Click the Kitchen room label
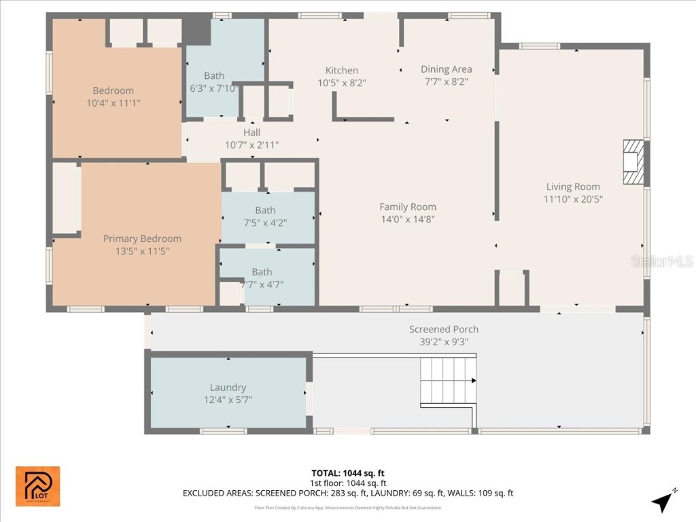point(341,71)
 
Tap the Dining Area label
point(446,69)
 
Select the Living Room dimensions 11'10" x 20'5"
point(573,199)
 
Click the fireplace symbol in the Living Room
point(633,162)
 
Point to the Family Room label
point(408,207)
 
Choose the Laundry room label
point(228,387)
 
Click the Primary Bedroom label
point(142,239)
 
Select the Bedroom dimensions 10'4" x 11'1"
point(113,103)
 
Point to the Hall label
point(251,133)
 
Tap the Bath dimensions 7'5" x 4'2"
point(265,222)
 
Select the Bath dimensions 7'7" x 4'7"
point(262,284)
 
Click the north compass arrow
point(662,501)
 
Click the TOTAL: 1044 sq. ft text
point(347,473)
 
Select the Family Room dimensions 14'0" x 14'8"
point(408,219)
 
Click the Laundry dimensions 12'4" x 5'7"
point(228,399)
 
